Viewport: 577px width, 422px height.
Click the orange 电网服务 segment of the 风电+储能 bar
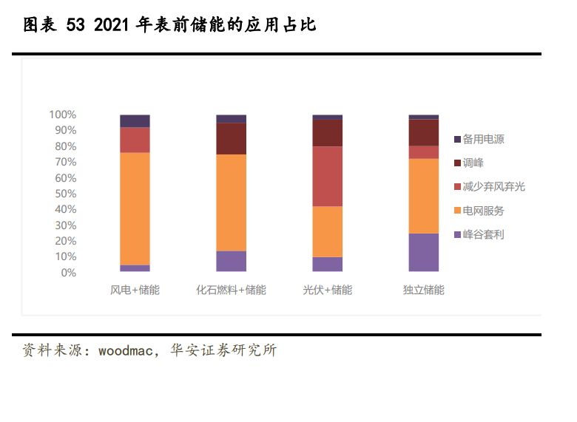[135, 208]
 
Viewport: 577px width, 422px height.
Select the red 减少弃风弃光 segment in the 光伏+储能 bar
[327, 176]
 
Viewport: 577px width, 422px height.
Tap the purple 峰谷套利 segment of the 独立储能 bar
[424, 253]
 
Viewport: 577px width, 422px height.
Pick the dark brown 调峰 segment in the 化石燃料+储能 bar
[231, 138]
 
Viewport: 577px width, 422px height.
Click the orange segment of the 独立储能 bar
[424, 196]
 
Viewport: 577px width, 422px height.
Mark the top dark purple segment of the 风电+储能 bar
[135, 121]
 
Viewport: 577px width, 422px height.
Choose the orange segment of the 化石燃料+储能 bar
[231, 203]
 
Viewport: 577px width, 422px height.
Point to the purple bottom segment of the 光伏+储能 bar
[327, 265]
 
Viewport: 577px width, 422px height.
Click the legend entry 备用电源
[483, 139]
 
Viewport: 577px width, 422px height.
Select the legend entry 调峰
[473, 163]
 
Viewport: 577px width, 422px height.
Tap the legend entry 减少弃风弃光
[493, 186]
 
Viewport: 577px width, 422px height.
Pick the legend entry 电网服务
[483, 211]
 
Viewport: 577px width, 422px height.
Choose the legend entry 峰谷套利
[483, 234]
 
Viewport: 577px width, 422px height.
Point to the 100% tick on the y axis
[63, 115]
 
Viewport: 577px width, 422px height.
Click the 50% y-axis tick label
[65, 194]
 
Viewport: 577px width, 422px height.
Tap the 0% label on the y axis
[68, 273]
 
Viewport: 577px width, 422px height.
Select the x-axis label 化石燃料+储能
[231, 290]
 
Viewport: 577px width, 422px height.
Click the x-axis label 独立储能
[424, 290]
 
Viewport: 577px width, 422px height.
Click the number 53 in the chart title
[76, 25]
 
